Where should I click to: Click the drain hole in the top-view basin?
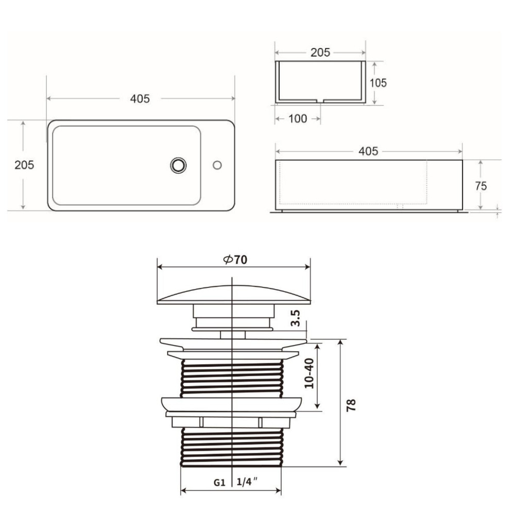pyautogui.click(x=178, y=165)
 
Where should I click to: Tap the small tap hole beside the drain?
pyautogui.click(x=217, y=165)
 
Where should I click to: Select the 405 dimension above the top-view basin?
pyautogui.click(x=140, y=98)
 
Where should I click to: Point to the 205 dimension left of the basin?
pyautogui.click(x=24, y=165)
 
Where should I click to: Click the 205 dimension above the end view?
pyautogui.click(x=320, y=53)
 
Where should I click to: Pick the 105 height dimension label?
pyautogui.click(x=378, y=83)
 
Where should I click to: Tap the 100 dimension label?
pyautogui.click(x=298, y=118)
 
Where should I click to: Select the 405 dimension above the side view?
pyautogui.click(x=368, y=151)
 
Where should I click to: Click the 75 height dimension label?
pyautogui.click(x=481, y=186)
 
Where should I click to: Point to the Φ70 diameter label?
pyautogui.click(x=235, y=260)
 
